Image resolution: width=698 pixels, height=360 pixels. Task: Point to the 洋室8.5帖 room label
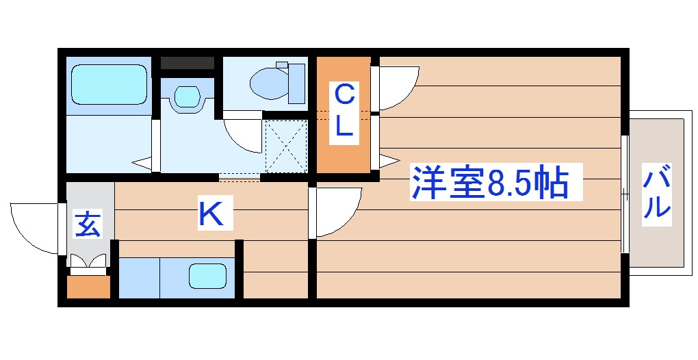pyautogui.click(x=489, y=182)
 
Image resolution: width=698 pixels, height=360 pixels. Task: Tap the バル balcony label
pyautogui.click(x=656, y=194)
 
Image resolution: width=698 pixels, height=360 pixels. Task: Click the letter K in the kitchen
pyautogui.click(x=211, y=214)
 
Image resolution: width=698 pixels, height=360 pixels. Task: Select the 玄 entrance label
pyautogui.click(x=88, y=224)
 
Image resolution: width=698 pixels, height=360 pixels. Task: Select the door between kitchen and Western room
pyautogui.click(x=335, y=212)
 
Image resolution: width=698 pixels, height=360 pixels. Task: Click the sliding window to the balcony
pyautogui.click(x=625, y=194)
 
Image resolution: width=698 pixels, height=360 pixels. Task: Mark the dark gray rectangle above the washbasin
pyautogui.click(x=188, y=64)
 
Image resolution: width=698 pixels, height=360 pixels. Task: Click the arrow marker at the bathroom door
pyautogui.click(x=143, y=164)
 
